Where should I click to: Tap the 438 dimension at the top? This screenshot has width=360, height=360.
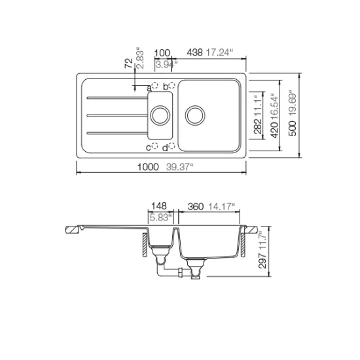click(x=195, y=53)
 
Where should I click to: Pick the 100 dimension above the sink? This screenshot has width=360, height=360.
click(x=162, y=53)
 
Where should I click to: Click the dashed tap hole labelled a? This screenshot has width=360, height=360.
click(x=155, y=86)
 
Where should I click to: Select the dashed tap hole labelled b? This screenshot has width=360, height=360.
click(x=172, y=86)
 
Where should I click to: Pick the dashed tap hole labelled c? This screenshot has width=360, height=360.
click(x=155, y=146)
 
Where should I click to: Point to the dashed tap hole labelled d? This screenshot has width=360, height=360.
click(x=172, y=146)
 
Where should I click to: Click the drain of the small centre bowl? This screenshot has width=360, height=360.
click(x=159, y=116)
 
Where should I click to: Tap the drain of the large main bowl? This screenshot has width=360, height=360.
click(x=194, y=116)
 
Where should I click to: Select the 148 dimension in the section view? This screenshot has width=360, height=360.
click(x=158, y=206)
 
